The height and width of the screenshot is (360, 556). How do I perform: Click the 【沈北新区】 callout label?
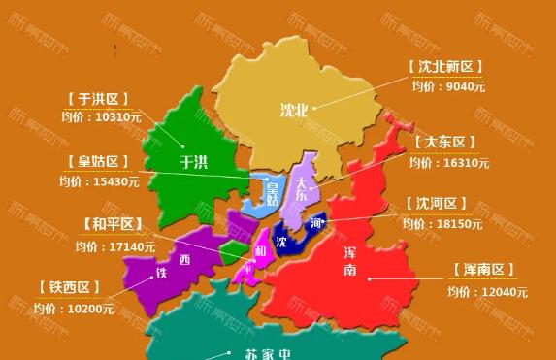(445, 67)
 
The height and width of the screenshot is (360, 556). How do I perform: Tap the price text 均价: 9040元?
(445, 86)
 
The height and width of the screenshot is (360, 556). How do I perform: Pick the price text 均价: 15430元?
(99, 180)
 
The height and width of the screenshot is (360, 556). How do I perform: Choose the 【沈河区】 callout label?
(438, 205)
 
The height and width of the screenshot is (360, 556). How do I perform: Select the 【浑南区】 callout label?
(483, 270)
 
